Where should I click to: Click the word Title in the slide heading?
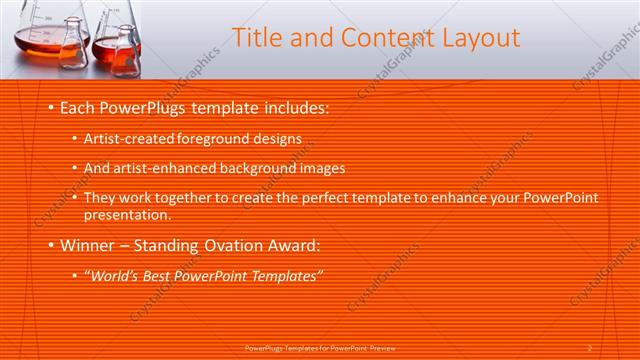[255, 39]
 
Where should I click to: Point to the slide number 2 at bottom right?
[591, 349]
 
